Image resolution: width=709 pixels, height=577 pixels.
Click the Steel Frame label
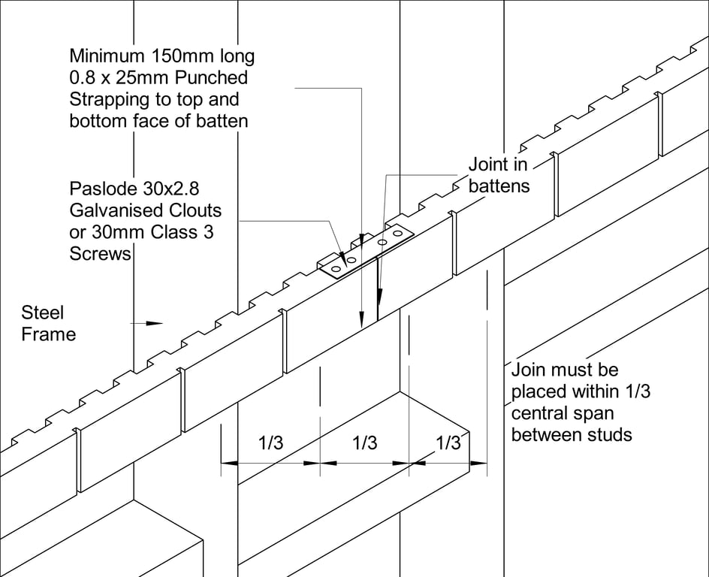(x=48, y=323)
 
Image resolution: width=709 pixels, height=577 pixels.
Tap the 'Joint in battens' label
(x=498, y=174)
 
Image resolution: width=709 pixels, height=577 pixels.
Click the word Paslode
(x=102, y=188)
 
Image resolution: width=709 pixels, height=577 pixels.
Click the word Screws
(x=100, y=254)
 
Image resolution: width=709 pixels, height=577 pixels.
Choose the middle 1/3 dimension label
(x=364, y=443)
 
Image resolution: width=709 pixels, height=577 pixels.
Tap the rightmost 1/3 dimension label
(x=448, y=443)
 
